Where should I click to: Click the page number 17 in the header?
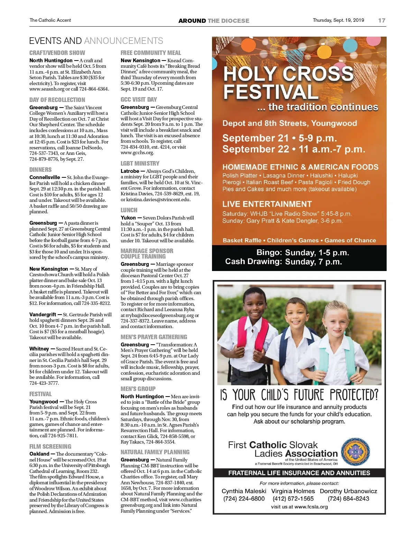(x=381, y=20)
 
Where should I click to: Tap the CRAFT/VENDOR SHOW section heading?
(x=57, y=53)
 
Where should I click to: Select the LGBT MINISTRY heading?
(x=140, y=163)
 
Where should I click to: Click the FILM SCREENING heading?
(x=50, y=446)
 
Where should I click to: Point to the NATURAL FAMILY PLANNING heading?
(x=155, y=452)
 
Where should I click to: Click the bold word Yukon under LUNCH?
(x=128, y=218)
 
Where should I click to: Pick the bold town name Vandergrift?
(x=43, y=315)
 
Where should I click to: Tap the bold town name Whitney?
(x=39, y=349)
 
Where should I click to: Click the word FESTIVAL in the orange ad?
(x=270, y=92)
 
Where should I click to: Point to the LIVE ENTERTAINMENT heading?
(x=267, y=204)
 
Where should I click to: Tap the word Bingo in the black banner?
(x=269, y=253)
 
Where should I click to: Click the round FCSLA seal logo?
(x=356, y=452)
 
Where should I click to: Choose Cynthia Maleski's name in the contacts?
(x=244, y=491)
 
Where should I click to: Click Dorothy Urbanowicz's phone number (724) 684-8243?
(x=348, y=498)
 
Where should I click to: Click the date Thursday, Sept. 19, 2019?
(x=338, y=20)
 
